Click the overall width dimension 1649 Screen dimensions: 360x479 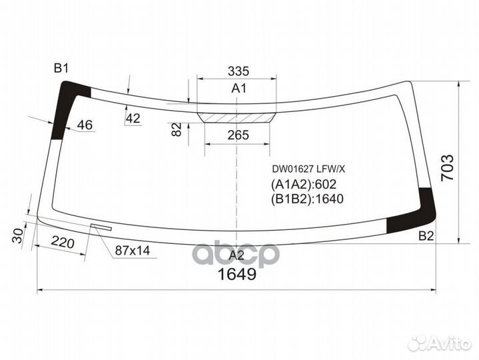click(237, 275)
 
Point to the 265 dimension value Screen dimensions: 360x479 click(238, 135)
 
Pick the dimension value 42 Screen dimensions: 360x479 click(133, 118)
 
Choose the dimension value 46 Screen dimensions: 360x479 click(85, 125)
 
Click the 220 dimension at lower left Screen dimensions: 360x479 click(61, 243)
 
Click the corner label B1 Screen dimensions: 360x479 click(61, 67)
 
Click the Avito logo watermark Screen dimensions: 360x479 click(439, 343)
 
